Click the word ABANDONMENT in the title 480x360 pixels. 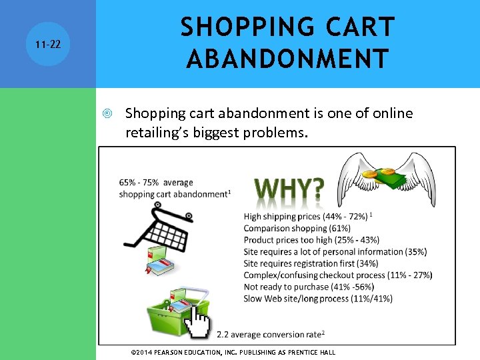[287, 58]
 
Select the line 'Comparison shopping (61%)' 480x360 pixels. [297, 228]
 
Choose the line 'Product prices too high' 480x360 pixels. [311, 239]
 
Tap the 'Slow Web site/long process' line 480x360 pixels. [318, 298]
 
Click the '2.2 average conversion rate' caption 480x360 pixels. [271, 333]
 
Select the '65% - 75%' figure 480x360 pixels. [140, 182]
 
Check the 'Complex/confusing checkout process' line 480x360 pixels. [337, 275]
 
